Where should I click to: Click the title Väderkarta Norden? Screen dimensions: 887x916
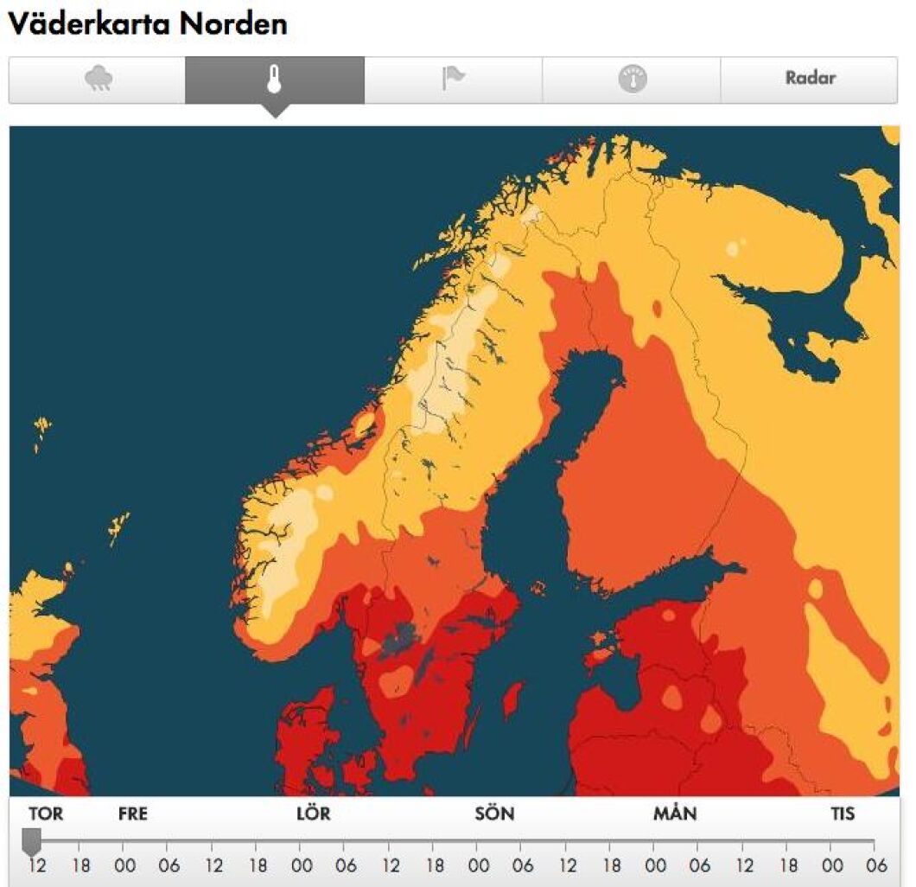[148, 23]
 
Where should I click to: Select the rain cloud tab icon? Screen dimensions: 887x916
[99, 80]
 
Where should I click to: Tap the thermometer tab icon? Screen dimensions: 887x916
[275, 80]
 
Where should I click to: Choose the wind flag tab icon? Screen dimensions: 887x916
[453, 79]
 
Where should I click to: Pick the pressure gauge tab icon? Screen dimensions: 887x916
[632, 80]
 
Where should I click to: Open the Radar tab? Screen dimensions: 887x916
[810, 78]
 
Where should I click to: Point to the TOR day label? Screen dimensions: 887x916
[45, 814]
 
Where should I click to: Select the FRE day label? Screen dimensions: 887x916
[132, 814]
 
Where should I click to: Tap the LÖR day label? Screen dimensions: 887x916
[313, 814]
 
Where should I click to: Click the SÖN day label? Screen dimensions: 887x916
[494, 814]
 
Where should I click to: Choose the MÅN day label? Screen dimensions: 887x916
[675, 814]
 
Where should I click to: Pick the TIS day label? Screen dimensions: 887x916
[843, 814]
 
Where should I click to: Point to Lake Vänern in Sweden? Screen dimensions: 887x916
[398, 640]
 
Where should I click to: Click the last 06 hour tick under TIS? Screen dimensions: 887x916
[877, 865]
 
